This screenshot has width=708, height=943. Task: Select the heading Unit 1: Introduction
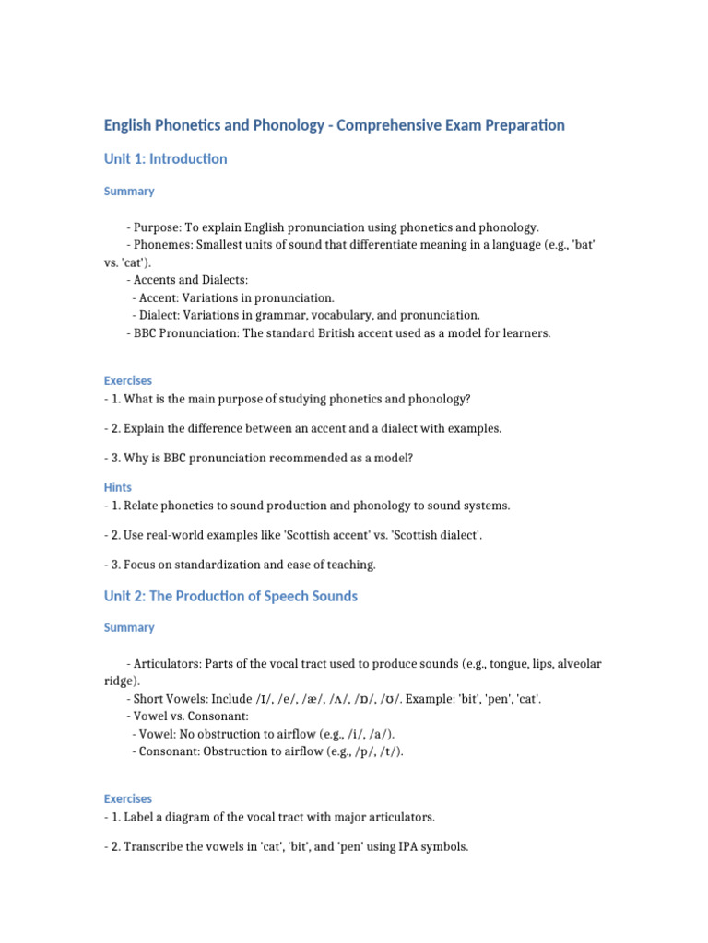(x=165, y=159)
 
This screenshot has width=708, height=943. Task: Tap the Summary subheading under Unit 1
(x=129, y=192)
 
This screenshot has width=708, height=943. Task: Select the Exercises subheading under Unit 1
(x=128, y=380)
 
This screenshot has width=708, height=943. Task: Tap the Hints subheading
(x=118, y=487)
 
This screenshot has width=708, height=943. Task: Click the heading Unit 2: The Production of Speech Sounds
(x=230, y=597)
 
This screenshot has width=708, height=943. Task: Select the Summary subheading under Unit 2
(x=129, y=628)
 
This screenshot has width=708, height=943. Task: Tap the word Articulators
(x=167, y=664)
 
